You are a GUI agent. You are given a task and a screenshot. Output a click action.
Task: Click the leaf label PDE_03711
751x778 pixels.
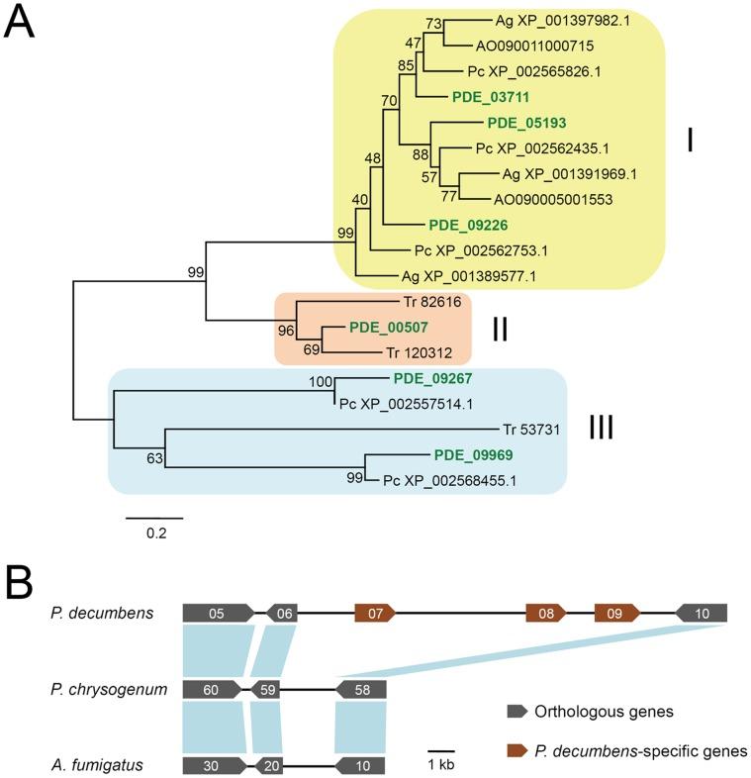click(491, 97)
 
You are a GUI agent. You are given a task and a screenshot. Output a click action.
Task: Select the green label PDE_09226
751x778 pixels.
click(468, 226)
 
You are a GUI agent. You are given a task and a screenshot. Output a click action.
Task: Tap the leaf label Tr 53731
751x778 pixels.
click(531, 430)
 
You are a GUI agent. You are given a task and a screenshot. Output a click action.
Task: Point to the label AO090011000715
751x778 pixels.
click(534, 46)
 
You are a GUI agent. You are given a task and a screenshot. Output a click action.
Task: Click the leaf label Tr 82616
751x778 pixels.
click(432, 302)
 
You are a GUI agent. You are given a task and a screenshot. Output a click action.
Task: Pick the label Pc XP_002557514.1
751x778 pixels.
click(406, 405)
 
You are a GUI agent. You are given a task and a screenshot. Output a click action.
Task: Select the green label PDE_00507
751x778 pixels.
click(389, 328)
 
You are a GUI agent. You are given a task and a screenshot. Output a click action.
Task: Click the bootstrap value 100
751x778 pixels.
click(321, 381)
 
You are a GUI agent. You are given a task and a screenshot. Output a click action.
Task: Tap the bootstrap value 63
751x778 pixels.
click(154, 458)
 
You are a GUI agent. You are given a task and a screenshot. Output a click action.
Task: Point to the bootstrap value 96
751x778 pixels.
click(286, 331)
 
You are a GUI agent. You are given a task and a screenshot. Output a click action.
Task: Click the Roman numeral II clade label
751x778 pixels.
click(500, 329)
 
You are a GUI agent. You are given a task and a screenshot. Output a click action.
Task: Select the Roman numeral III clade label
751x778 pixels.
click(602, 428)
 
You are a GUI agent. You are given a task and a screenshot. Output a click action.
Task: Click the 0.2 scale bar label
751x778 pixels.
click(156, 534)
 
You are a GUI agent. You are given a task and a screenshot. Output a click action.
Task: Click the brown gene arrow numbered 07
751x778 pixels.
click(375, 614)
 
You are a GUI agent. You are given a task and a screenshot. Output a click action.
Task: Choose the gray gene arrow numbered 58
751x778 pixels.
click(361, 689)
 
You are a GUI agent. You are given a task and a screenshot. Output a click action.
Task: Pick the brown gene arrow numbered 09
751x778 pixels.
click(617, 614)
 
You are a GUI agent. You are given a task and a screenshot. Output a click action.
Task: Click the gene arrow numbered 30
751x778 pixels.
click(215, 765)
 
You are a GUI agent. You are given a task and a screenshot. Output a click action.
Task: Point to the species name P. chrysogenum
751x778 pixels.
click(109, 689)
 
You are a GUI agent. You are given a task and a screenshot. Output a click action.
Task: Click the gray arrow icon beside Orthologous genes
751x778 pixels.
click(516, 711)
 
